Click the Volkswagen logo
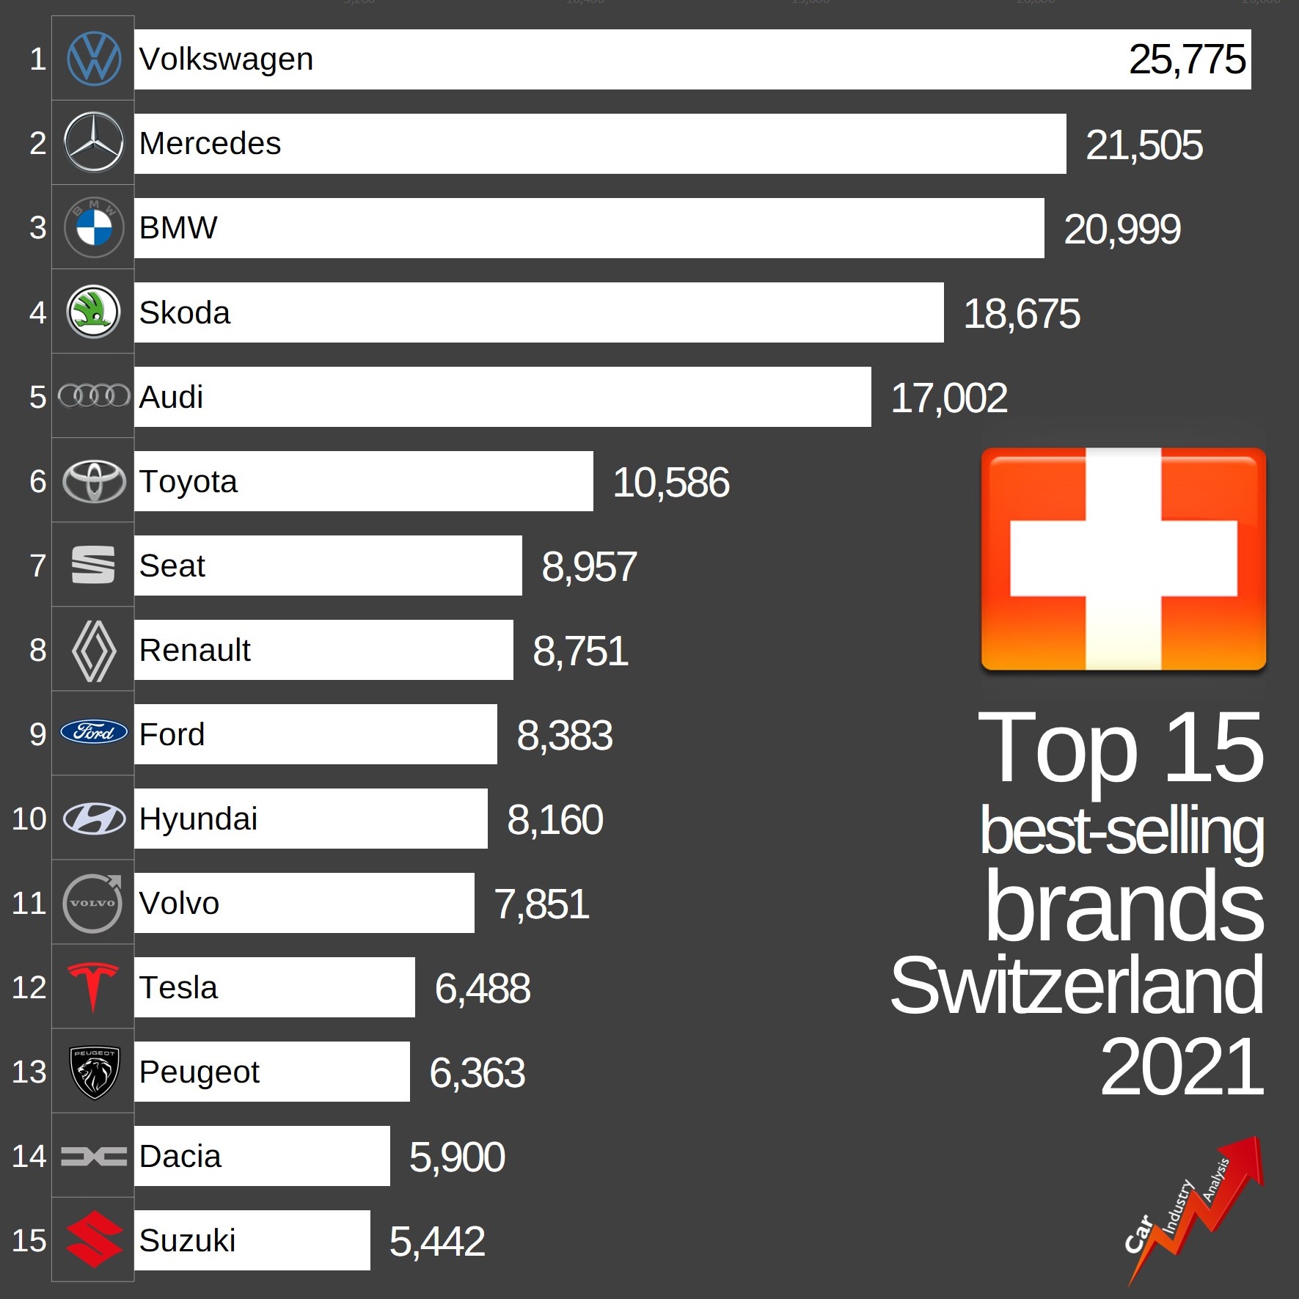(94, 59)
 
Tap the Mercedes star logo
(94, 142)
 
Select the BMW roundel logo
(94, 227)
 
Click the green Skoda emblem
(94, 312)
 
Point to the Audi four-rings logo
(94, 396)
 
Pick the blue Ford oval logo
(94, 732)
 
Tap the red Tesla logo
(93, 986)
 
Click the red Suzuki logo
(94, 1240)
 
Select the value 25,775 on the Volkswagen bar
(1187, 59)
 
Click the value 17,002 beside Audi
(948, 398)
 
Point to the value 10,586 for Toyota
(670, 483)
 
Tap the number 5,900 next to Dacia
(456, 1157)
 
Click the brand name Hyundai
(198, 819)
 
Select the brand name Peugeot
(199, 1072)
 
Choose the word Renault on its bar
(194, 650)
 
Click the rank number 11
(29, 903)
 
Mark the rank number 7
(37, 566)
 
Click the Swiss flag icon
(1123, 559)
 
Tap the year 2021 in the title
(1181, 1067)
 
